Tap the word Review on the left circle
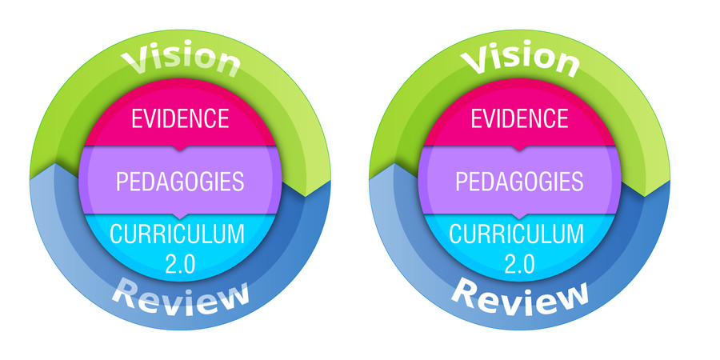point(180,298)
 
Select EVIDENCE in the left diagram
point(180,118)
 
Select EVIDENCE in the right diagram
point(520,118)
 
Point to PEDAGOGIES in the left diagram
point(180,182)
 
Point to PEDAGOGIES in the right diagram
point(520,182)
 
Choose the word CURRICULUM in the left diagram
point(177,234)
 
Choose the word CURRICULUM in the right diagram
point(517,234)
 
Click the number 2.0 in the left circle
point(178,262)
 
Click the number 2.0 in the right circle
point(518,262)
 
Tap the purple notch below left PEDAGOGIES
point(181,216)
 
